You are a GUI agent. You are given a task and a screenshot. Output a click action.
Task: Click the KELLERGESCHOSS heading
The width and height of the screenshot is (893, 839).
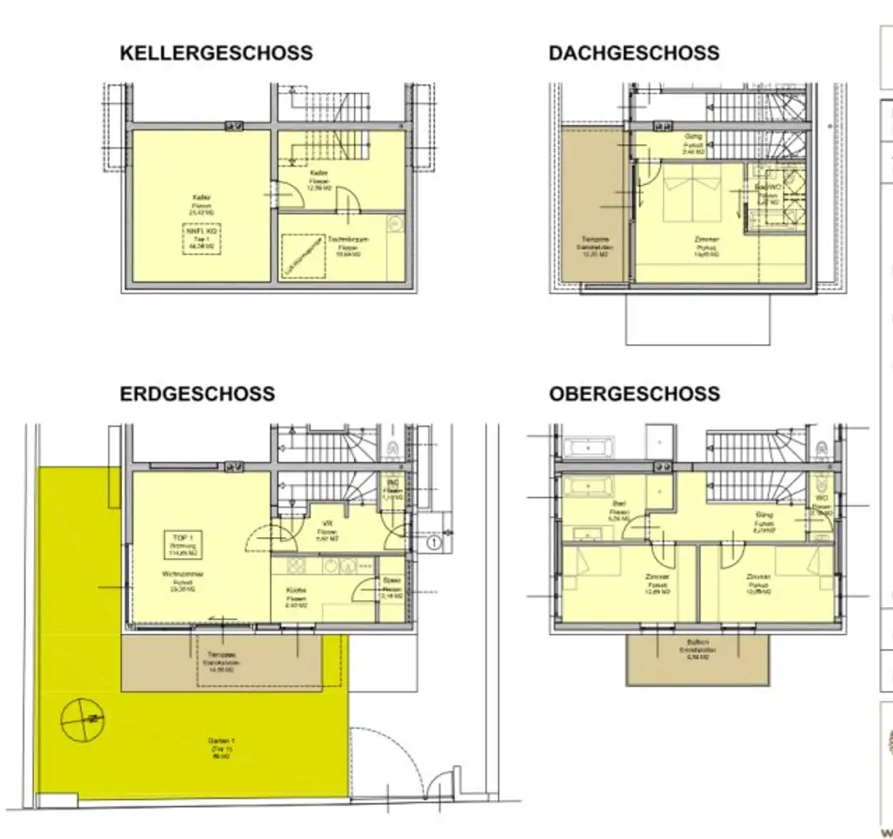(215, 53)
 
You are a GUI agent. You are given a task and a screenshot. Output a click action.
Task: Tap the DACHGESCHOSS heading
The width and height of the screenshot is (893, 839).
(634, 53)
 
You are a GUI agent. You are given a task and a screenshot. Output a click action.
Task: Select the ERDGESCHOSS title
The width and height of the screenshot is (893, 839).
(197, 394)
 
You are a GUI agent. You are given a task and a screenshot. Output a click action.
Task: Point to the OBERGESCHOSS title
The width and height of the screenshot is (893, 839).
(634, 394)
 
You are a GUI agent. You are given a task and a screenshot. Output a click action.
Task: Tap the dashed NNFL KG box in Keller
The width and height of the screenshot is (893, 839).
(202, 237)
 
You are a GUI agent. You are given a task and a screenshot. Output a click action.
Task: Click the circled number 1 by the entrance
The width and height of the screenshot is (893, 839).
(433, 543)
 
